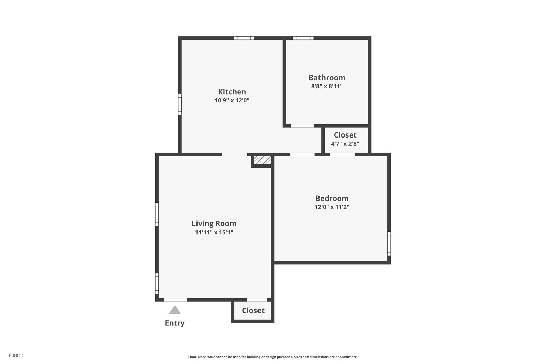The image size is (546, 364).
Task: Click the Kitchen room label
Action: [x=232, y=92]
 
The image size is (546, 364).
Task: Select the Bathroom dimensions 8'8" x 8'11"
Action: [x=327, y=86]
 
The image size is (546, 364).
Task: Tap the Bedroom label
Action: [x=332, y=198]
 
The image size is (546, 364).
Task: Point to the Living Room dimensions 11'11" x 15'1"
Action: [x=214, y=232]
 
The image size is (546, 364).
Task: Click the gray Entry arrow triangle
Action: [x=175, y=310]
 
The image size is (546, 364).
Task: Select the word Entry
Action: [x=175, y=323]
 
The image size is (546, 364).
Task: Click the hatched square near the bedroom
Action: [x=263, y=160]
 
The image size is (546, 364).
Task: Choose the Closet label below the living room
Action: [x=253, y=310]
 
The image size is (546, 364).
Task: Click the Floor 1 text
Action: [x=16, y=355]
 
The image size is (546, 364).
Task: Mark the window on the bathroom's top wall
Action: [x=303, y=38]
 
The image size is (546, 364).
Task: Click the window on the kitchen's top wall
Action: [x=244, y=38]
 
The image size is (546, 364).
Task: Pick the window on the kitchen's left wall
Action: [x=180, y=104]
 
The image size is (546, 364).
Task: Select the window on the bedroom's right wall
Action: [x=389, y=244]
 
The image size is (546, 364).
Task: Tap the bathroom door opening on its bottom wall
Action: [x=302, y=126]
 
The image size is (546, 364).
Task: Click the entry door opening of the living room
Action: [x=176, y=300]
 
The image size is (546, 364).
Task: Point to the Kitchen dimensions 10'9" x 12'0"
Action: [x=232, y=100]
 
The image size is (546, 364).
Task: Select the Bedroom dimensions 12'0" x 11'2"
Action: [x=332, y=207]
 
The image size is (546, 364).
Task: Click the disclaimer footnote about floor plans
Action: [x=273, y=357]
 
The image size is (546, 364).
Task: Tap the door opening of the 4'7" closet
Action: [x=342, y=154]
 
